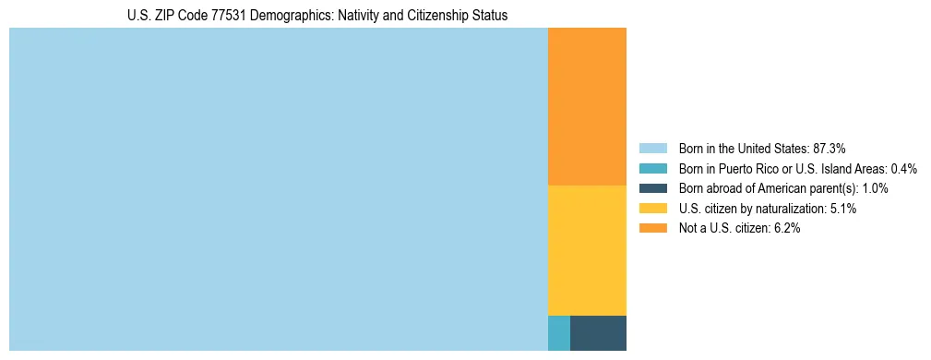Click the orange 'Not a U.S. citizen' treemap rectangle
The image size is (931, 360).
(587, 106)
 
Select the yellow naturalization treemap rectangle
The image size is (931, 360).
(587, 250)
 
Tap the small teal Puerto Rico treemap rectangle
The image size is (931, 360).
(558, 333)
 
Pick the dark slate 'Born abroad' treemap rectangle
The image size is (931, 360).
(598, 333)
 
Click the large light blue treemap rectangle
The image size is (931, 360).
(278, 189)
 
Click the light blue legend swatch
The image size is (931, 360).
(652, 148)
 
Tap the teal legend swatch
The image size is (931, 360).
(652, 168)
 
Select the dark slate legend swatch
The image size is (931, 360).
(652, 188)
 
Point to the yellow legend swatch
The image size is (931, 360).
(652, 209)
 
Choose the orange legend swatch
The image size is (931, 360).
(652, 229)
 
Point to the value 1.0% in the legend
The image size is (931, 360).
(873, 188)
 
